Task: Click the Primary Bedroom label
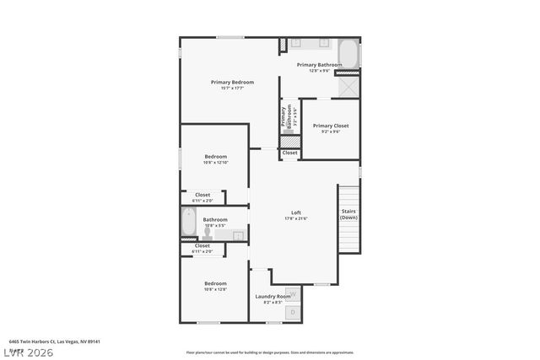click(232, 82)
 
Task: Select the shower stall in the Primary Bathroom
click(348, 87)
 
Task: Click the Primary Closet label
click(331, 126)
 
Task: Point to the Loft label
click(296, 212)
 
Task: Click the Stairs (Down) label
click(348, 214)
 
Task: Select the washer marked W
click(293, 295)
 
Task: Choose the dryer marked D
click(293, 313)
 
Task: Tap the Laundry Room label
click(272, 296)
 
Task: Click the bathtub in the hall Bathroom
click(189, 224)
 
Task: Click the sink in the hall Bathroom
click(238, 235)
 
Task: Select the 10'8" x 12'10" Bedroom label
click(215, 156)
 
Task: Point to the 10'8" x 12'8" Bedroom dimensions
click(215, 289)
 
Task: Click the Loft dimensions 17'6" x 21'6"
click(296, 218)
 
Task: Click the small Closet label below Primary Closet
click(289, 153)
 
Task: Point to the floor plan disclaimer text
click(270, 352)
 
